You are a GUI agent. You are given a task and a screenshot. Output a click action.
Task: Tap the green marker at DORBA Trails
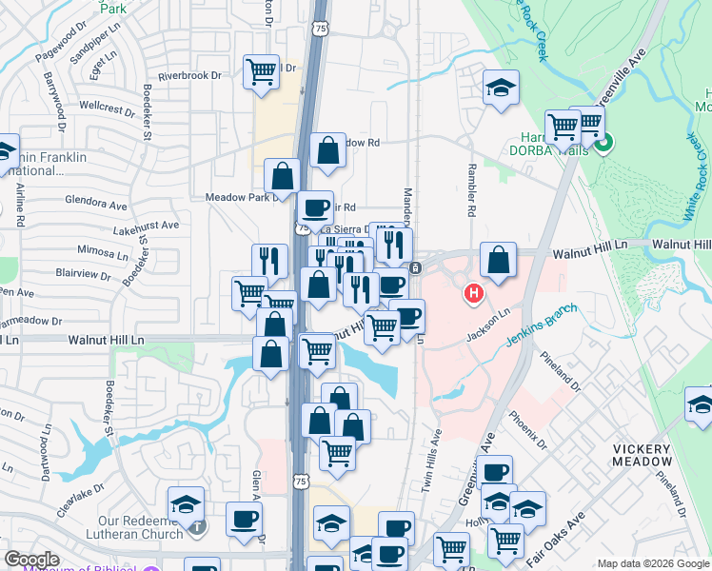click(603, 145)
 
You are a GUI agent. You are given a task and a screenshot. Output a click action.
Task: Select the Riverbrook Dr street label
click(189, 74)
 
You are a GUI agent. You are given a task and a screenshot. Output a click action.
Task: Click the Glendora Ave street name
click(96, 204)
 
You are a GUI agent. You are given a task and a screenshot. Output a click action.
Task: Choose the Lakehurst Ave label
click(146, 226)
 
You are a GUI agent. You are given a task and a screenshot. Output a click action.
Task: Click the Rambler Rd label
click(471, 194)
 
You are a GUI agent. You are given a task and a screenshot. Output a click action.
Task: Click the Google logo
click(31, 560)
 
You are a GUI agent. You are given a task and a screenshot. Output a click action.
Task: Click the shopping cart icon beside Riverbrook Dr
click(260, 71)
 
